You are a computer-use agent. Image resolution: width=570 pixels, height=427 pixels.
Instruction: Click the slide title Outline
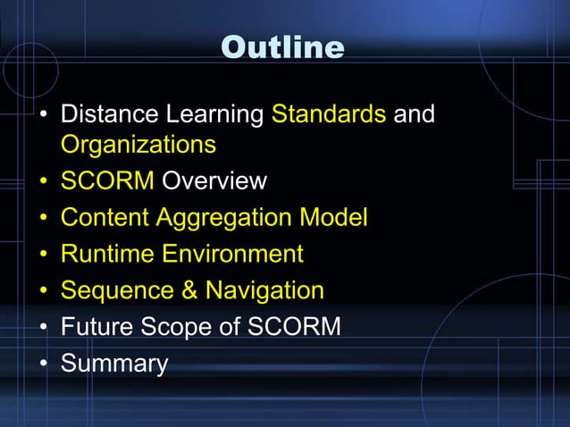click(x=282, y=47)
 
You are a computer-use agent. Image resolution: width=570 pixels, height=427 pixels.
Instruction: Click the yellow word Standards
click(x=328, y=115)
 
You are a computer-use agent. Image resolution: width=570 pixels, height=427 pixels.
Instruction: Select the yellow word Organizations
click(x=138, y=144)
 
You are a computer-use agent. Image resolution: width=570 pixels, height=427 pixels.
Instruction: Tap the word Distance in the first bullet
click(x=107, y=115)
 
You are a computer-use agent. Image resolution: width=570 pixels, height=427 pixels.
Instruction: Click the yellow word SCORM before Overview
click(x=107, y=181)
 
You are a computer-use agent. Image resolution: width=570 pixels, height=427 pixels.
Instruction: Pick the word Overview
click(x=214, y=181)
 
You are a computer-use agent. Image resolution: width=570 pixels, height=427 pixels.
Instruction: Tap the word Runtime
click(x=108, y=254)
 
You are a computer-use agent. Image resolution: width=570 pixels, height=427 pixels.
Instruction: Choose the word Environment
click(x=232, y=254)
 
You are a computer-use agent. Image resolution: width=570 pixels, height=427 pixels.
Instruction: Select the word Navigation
click(x=264, y=290)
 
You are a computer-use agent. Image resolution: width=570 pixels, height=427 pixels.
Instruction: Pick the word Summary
click(x=113, y=364)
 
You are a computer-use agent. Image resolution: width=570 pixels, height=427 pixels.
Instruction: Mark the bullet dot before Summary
click(x=43, y=364)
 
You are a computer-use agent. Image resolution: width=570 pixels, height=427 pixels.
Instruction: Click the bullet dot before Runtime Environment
click(x=43, y=255)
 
